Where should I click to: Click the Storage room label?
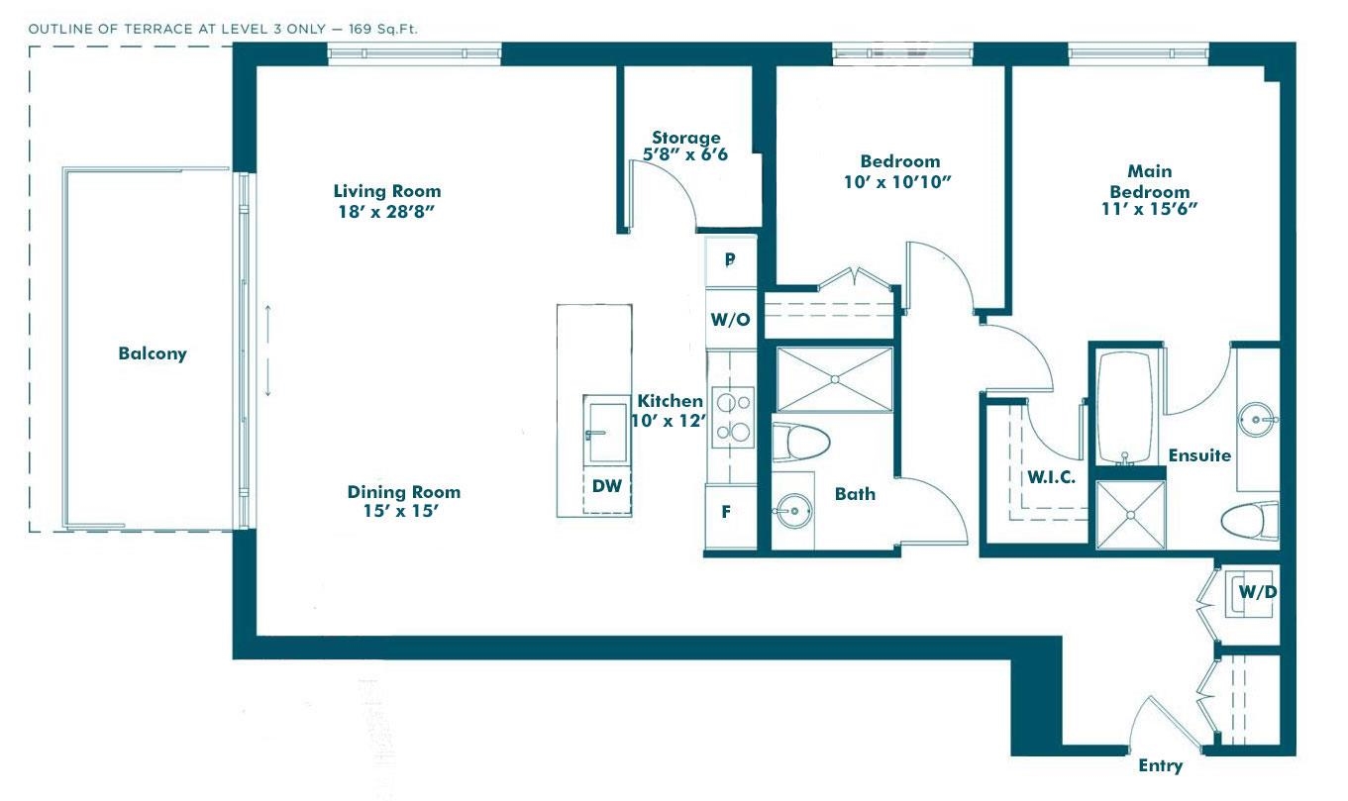pyautogui.click(x=686, y=138)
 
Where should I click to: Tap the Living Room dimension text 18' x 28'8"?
pyautogui.click(x=386, y=211)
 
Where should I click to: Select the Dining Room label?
pyautogui.click(x=404, y=492)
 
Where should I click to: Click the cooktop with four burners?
pyautogui.click(x=733, y=417)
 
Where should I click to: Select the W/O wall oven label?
pyautogui.click(x=731, y=320)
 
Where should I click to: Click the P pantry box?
pyautogui.click(x=731, y=260)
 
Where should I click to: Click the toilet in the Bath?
pyautogui.click(x=800, y=443)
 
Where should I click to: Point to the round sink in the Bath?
pyautogui.click(x=793, y=511)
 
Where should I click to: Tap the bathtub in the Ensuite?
pyautogui.click(x=1125, y=407)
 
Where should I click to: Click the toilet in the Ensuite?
pyautogui.click(x=1250, y=521)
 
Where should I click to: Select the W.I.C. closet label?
pyautogui.click(x=1051, y=477)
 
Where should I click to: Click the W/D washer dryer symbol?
pyautogui.click(x=1250, y=593)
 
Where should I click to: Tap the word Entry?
pyautogui.click(x=1160, y=765)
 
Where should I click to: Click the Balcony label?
pyautogui.click(x=153, y=353)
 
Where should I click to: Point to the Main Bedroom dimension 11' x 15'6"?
pyautogui.click(x=1149, y=208)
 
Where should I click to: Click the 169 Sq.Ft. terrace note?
pyautogui.click(x=382, y=29)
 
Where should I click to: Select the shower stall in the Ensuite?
pyautogui.click(x=1131, y=515)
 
